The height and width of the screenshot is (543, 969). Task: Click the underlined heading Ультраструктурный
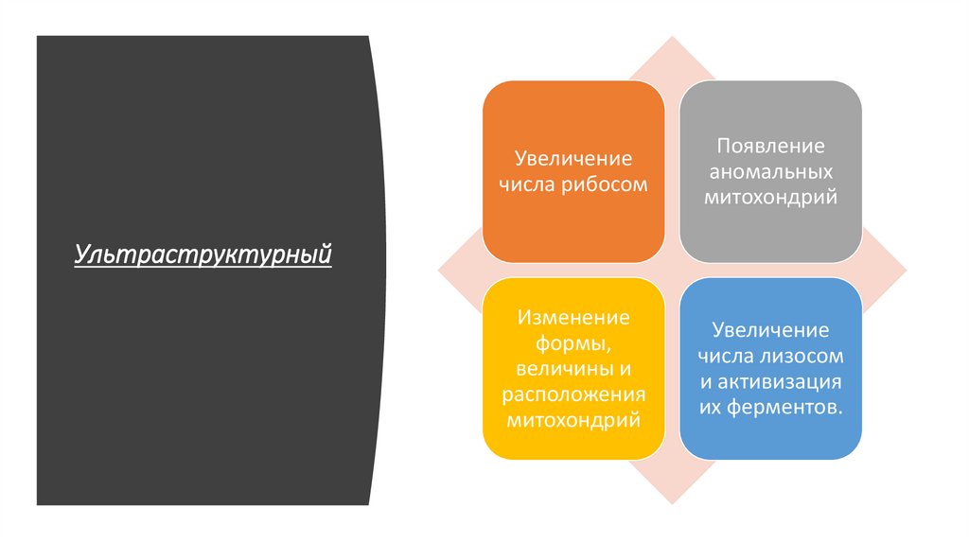[203, 254]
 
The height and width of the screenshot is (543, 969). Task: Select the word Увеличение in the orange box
[573, 157]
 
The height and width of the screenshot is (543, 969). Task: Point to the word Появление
[770, 147]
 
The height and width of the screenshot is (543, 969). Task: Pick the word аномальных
[770, 172]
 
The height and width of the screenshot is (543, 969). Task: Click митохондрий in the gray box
[770, 199]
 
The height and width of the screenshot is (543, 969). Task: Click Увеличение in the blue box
[770, 330]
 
